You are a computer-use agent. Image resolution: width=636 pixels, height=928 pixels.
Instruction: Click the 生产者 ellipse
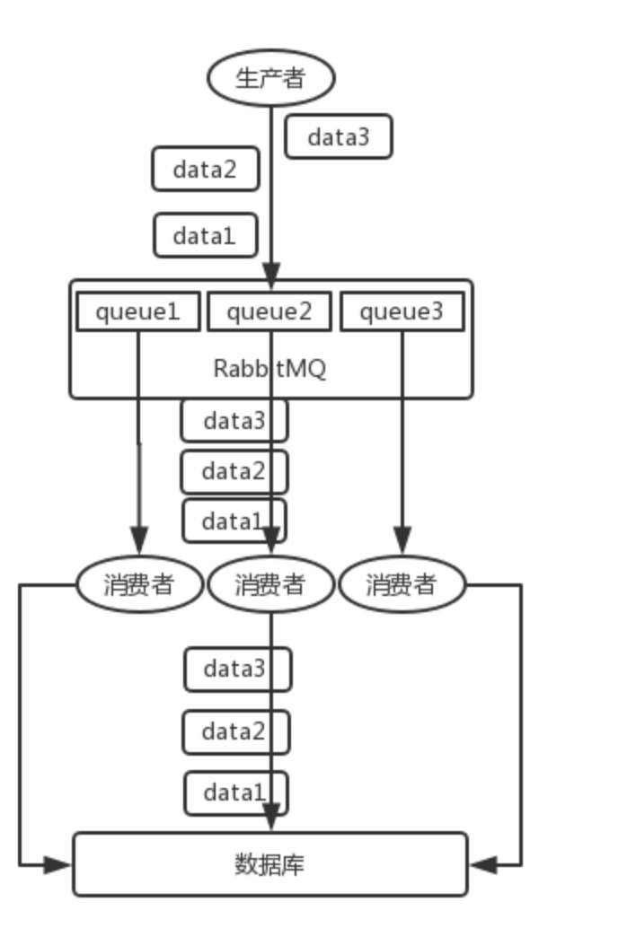pyautogui.click(x=270, y=78)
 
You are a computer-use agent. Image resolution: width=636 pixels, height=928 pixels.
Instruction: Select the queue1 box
pyautogui.click(x=137, y=312)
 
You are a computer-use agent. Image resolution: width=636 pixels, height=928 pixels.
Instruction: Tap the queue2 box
pyautogui.click(x=269, y=312)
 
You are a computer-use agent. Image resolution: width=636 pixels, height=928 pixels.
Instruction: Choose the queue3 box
pyautogui.click(x=402, y=312)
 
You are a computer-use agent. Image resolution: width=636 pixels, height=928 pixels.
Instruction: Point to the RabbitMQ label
pyautogui.click(x=269, y=369)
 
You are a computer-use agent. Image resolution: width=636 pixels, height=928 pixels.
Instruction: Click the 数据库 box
pyautogui.click(x=269, y=864)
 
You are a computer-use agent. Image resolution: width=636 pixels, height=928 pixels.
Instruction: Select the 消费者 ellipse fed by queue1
pyautogui.click(x=139, y=585)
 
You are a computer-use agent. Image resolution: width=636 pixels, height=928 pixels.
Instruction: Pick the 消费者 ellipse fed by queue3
pyautogui.click(x=402, y=585)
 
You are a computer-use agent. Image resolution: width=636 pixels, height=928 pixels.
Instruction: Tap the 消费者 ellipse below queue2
pyautogui.click(x=270, y=585)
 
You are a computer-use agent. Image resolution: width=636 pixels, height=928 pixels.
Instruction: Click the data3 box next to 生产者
pyautogui.click(x=339, y=137)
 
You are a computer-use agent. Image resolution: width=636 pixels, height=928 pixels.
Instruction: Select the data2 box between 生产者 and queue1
pyautogui.click(x=205, y=169)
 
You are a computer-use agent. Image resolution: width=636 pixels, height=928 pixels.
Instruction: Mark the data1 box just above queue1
pyautogui.click(x=205, y=235)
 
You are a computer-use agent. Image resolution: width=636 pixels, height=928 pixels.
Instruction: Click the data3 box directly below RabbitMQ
pyautogui.click(x=234, y=421)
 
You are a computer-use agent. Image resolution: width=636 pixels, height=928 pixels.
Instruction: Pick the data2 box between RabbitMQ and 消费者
pyautogui.click(x=234, y=471)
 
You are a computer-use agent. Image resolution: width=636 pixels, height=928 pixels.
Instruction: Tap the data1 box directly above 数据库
pyautogui.click(x=235, y=792)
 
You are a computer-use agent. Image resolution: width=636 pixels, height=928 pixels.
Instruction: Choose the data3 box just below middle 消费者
pyautogui.click(x=237, y=669)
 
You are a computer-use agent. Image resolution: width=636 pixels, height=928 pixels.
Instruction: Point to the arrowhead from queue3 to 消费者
pyautogui.click(x=402, y=542)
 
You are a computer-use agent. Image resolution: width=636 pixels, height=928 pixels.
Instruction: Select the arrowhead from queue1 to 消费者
pyautogui.click(x=138, y=542)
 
